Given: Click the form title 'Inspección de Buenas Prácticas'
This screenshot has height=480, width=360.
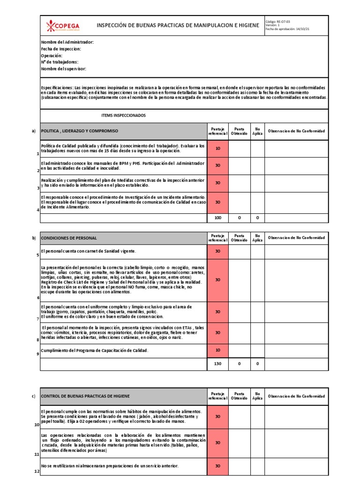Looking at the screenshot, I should pyautogui.click(x=178, y=25).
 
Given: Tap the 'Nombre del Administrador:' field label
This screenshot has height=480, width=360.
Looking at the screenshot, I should pyautogui.click(x=67, y=42).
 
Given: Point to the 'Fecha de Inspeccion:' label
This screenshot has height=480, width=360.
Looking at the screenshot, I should pyautogui.click(x=61, y=49).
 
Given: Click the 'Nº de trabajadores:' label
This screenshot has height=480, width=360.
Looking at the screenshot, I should pyautogui.click(x=60, y=62).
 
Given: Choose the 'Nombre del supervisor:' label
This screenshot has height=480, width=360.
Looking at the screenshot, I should pyautogui.click(x=64, y=68).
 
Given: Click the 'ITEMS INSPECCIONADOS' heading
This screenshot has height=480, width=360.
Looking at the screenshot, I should pyautogui.click(x=124, y=115).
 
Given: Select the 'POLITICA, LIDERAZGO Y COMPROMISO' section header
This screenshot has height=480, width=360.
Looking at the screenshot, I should pyautogui.click(x=80, y=131).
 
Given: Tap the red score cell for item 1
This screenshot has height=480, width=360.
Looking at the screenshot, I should pyautogui.click(x=217, y=149).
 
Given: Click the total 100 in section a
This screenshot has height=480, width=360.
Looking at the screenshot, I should pyautogui.click(x=217, y=218).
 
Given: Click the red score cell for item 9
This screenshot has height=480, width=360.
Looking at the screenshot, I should pyautogui.click(x=217, y=350).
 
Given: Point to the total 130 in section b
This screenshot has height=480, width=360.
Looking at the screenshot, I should pyautogui.click(x=217, y=364).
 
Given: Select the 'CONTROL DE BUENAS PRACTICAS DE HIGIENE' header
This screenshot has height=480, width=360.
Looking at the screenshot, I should pyautogui.click(x=86, y=396).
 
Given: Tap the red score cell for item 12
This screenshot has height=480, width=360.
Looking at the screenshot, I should pyautogui.click(x=217, y=465).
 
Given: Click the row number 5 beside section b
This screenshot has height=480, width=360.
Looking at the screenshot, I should pyautogui.click(x=38, y=255).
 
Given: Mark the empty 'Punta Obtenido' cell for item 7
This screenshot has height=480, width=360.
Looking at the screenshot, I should pyautogui.click(x=239, y=312).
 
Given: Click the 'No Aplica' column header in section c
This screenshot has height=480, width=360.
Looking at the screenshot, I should pyautogui.click(x=257, y=396).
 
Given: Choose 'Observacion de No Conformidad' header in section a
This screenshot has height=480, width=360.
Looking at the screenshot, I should pyautogui.click(x=296, y=131).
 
